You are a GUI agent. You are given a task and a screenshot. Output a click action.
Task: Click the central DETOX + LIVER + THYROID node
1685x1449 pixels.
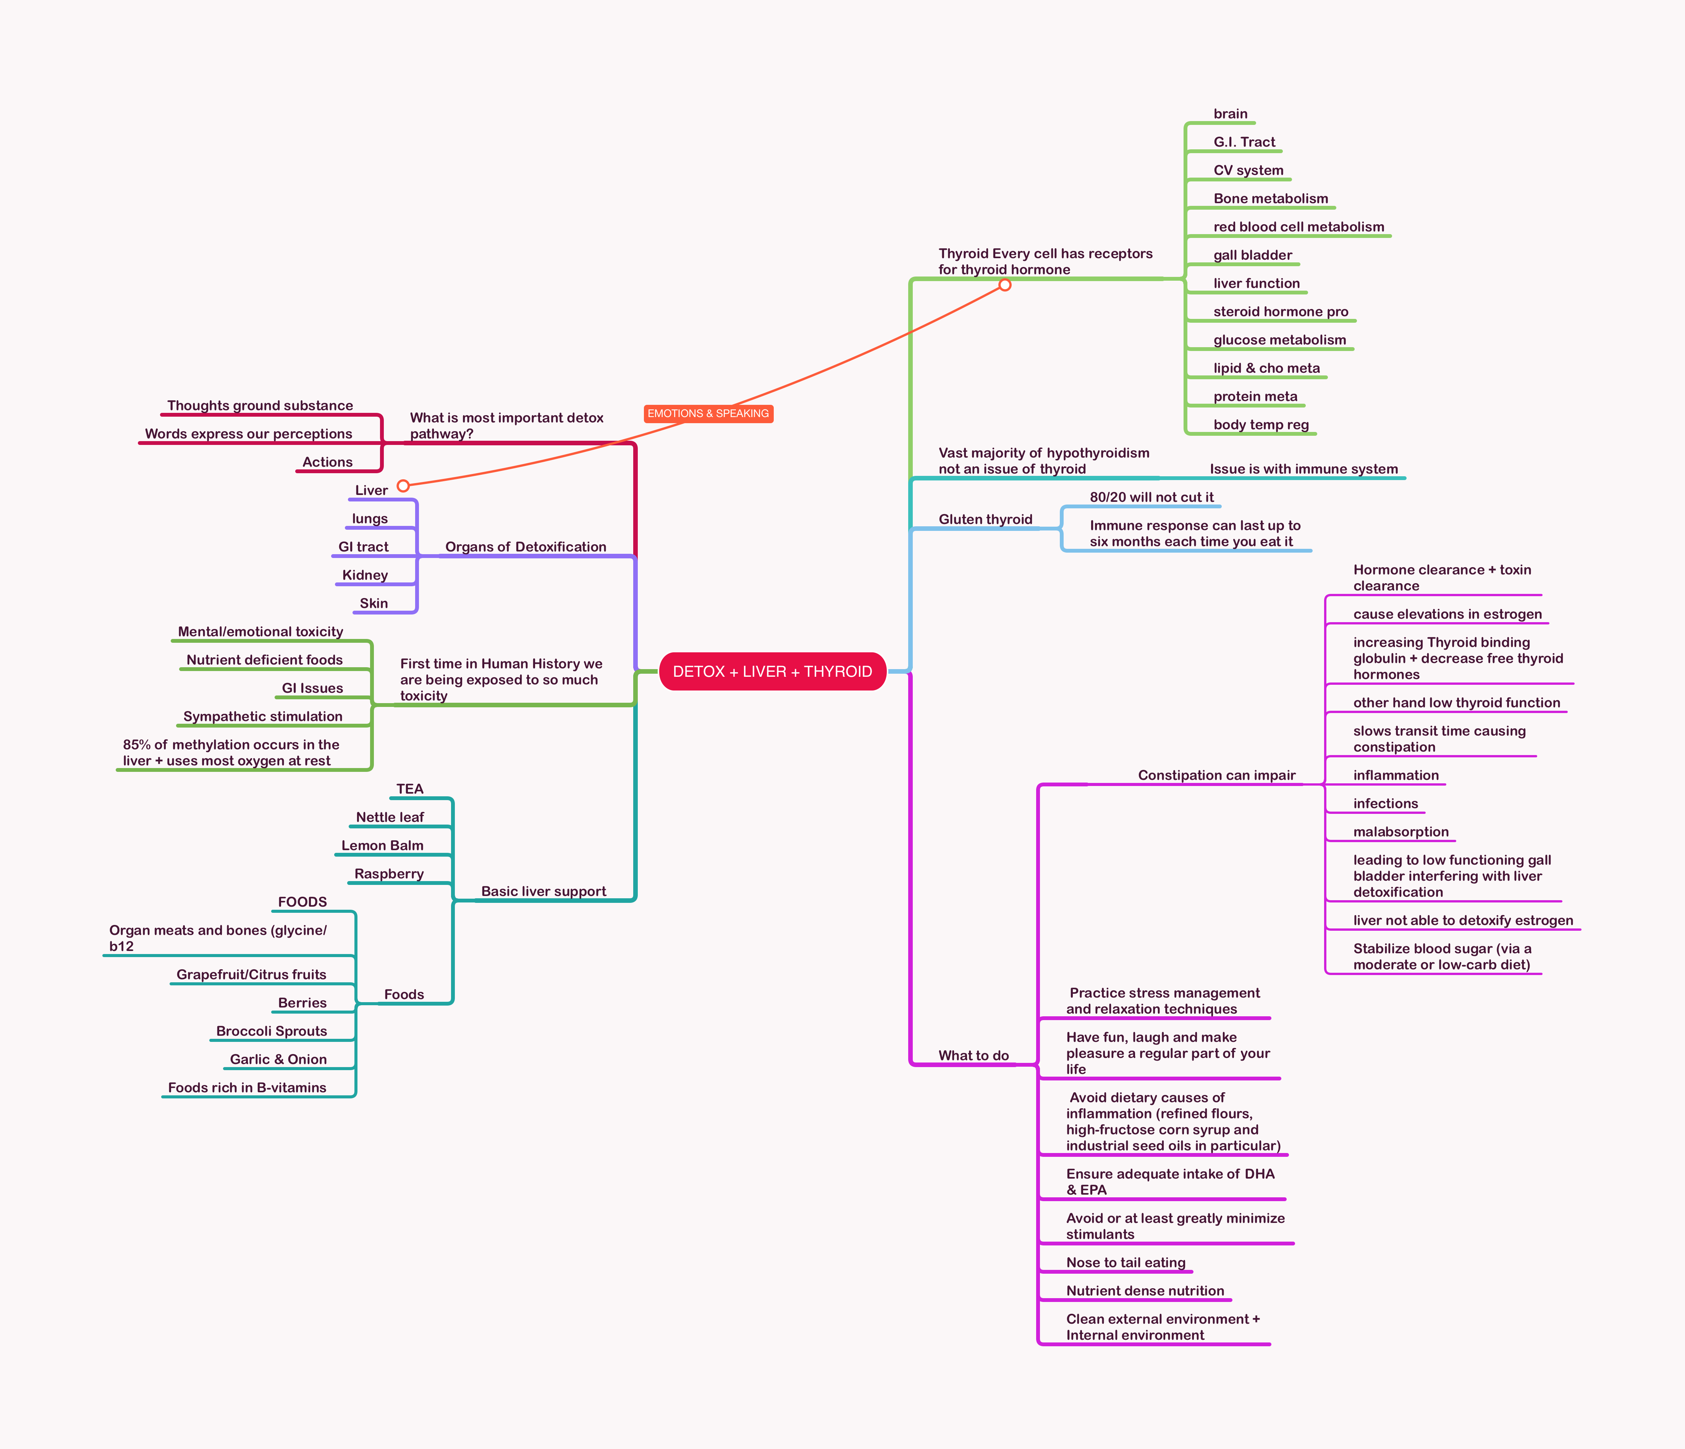pos(772,672)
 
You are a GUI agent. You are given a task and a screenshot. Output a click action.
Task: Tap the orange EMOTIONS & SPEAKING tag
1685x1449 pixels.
pos(708,414)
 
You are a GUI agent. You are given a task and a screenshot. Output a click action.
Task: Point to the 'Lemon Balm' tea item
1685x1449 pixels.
pos(382,846)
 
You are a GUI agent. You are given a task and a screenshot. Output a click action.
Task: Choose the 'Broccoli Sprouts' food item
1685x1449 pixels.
pos(272,1031)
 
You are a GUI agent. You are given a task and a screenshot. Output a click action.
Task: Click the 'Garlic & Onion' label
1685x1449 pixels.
pos(278,1059)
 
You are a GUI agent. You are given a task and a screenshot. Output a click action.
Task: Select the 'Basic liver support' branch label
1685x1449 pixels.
pos(543,891)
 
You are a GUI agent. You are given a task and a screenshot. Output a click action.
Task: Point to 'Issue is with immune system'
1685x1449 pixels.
pos(1303,469)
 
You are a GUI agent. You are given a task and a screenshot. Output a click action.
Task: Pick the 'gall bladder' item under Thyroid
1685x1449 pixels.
pos(1252,256)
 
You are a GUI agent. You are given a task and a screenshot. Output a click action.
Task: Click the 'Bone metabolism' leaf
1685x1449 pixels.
pos(1270,198)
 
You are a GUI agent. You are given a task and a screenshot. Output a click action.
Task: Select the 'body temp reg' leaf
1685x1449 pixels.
pos(1260,424)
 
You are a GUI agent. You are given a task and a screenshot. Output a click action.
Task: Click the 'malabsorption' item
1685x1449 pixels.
pos(1400,832)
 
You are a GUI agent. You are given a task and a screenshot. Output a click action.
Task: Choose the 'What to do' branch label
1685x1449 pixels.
pos(973,1056)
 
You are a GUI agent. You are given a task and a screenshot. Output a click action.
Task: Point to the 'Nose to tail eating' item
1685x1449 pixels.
pos(1125,1263)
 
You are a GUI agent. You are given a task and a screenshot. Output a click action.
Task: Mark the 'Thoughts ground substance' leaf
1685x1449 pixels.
pos(260,406)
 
